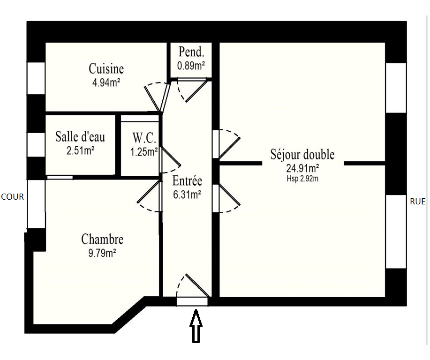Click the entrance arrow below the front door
(x=196, y=326)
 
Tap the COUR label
(x=12, y=197)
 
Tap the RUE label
(x=418, y=202)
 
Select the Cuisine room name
(x=106, y=68)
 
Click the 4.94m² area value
(x=106, y=82)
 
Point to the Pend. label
(x=191, y=52)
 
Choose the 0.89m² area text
(x=191, y=66)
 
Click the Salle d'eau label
(x=80, y=136)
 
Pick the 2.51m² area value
(x=80, y=150)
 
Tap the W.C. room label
(x=144, y=138)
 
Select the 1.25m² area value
(x=144, y=151)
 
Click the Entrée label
(x=187, y=180)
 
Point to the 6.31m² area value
(x=187, y=195)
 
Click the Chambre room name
(x=102, y=239)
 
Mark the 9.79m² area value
(x=102, y=253)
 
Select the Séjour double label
(x=302, y=154)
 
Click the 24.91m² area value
(x=302, y=168)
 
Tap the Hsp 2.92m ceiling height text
(x=302, y=179)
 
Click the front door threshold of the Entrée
(x=192, y=301)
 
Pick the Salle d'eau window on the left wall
(x=36, y=145)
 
